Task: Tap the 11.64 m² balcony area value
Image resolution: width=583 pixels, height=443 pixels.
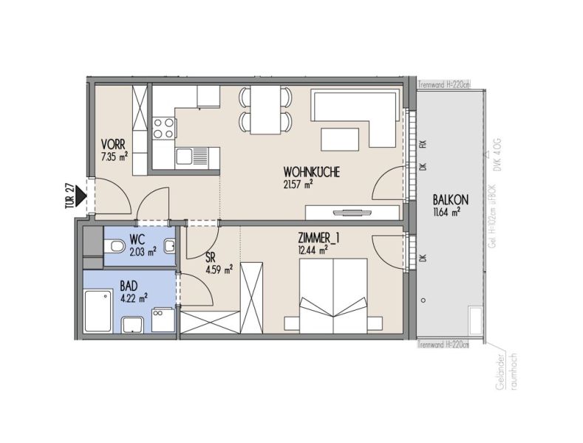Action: (x=447, y=213)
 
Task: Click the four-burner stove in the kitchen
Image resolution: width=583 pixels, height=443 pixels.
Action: (x=162, y=128)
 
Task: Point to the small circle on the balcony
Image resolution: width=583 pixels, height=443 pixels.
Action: (x=424, y=301)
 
